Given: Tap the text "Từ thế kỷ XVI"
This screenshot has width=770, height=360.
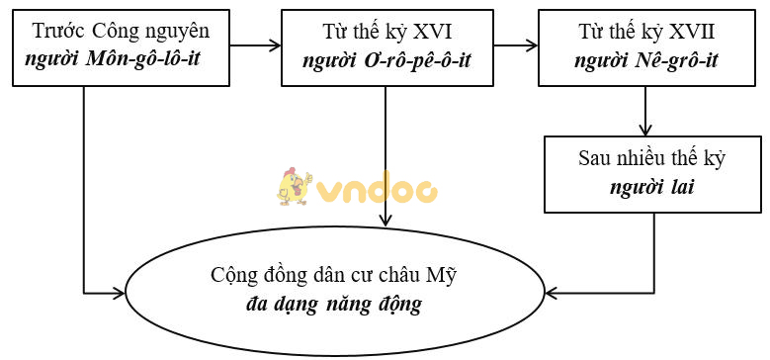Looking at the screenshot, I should click(x=387, y=32).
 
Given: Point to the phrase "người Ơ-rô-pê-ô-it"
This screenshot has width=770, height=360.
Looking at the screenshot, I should click(x=387, y=59).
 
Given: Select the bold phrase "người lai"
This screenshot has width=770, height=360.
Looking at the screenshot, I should click(x=652, y=186).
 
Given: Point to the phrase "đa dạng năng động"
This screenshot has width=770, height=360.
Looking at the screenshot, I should click(x=333, y=303).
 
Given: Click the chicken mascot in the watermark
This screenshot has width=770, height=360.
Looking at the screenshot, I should click(x=294, y=185).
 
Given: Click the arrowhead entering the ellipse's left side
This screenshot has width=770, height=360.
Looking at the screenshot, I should click(x=122, y=292).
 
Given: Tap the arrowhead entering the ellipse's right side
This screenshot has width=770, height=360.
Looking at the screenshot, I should click(x=550, y=292).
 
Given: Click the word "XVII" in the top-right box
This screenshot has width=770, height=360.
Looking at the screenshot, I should click(x=690, y=32).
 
